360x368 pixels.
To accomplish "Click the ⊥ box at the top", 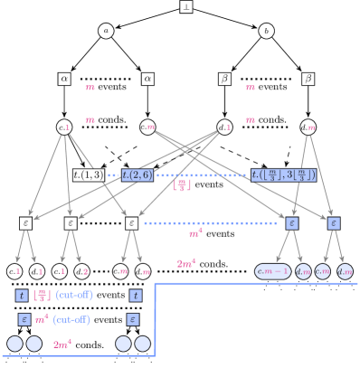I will pos(185,6).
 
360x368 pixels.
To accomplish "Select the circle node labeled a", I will pos(106,31).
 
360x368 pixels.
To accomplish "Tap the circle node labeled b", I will pos(266,31).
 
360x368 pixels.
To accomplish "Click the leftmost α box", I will pos(64,79).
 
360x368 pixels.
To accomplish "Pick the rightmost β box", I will pos(308,79).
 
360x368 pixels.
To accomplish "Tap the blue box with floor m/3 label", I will pos(283,175).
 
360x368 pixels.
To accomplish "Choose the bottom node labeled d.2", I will pos(81,271).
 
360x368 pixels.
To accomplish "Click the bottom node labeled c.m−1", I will pos(273,271).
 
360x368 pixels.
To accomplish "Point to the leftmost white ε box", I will pos(25,222).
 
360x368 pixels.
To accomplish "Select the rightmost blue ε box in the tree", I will pos(333,222).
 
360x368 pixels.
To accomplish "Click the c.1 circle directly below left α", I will pos(64,127).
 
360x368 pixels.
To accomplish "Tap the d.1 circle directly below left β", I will pos(224,127).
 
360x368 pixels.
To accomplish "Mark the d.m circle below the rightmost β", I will pos(308,127).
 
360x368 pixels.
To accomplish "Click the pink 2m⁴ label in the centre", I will pos(186,263).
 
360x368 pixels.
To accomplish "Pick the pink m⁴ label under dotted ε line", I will pos(194,234).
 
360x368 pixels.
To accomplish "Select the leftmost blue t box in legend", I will pos(22,295).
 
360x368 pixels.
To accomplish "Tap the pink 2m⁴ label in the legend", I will pos(62,344).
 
